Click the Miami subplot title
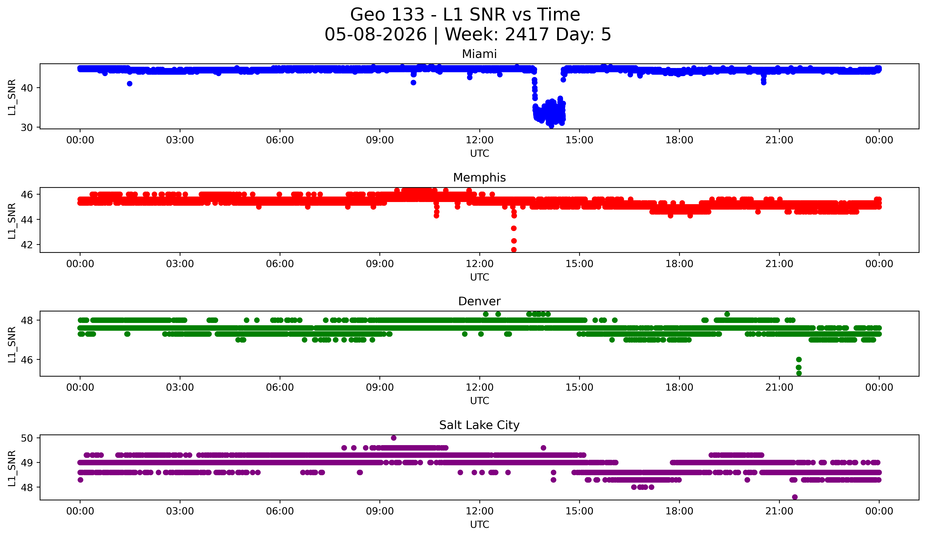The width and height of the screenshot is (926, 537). pos(479,54)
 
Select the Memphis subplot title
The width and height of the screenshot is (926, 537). pos(479,178)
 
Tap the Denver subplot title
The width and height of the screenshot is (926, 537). pos(479,301)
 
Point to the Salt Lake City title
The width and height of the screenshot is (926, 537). pos(479,425)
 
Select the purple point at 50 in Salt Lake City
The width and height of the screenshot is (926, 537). pos(394,438)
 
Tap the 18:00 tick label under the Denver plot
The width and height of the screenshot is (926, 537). pos(679,388)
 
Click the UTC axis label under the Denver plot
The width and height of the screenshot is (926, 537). pos(480,401)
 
